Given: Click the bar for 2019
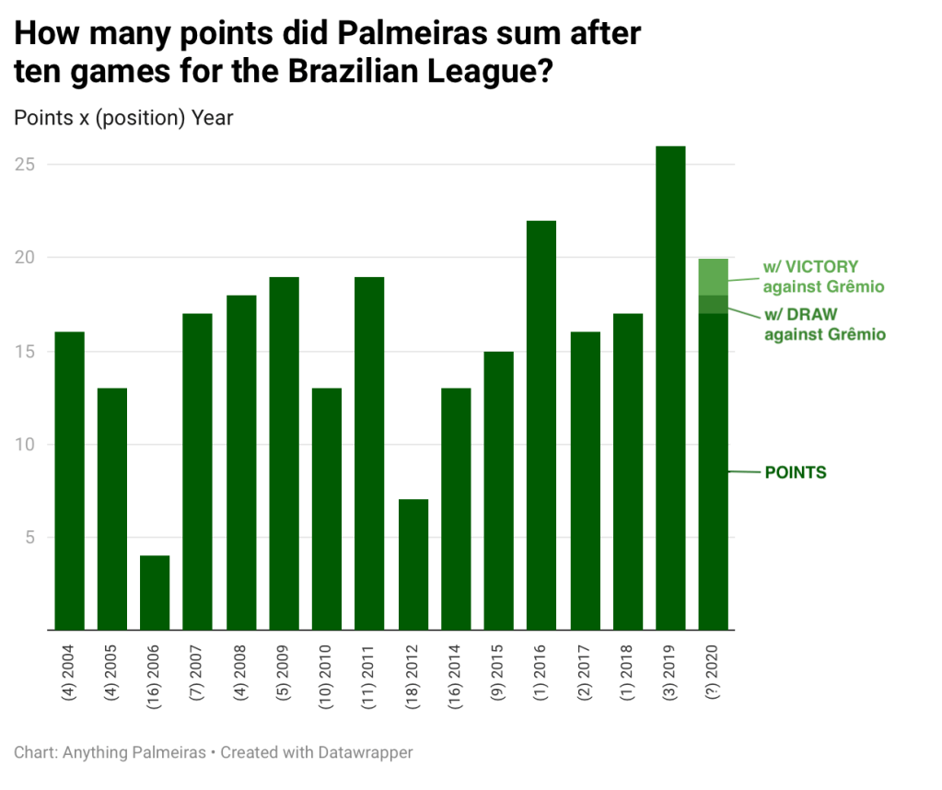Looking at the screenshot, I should pyautogui.click(x=670, y=387).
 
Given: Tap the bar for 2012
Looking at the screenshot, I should pyautogui.click(x=413, y=564).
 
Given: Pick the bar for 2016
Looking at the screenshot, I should pyautogui.click(x=541, y=424).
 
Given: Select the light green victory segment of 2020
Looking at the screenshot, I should pyautogui.click(x=713, y=277).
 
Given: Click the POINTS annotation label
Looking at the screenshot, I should pyautogui.click(x=796, y=472).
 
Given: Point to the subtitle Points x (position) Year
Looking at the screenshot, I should pyautogui.click(x=124, y=118).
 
